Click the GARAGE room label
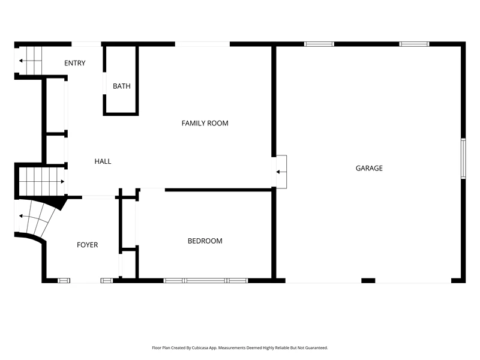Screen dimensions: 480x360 pos(369,168)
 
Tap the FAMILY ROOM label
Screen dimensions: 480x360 pos(205,123)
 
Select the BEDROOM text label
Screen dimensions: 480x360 pos(205,241)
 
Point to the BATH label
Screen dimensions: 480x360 pos(122,86)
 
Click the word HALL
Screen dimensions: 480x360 pos(103,161)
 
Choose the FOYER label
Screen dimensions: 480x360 pos(87,245)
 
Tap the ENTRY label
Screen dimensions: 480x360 pos(74,63)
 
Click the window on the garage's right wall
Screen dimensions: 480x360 pos(463,158)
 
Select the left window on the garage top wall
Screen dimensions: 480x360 pos(319,44)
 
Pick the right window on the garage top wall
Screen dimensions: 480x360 pos(414,44)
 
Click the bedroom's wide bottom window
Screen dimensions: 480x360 pos(206,280)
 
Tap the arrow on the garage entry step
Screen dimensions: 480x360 pos(281,172)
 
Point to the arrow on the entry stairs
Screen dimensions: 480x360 pos(30,61)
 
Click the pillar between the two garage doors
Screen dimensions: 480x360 pos(368,280)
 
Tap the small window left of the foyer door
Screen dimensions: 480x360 pos(64,280)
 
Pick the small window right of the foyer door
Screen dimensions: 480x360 pos(107,280)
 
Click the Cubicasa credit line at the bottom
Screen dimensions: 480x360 pos(239,348)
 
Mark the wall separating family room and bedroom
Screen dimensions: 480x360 pos(218,190)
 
